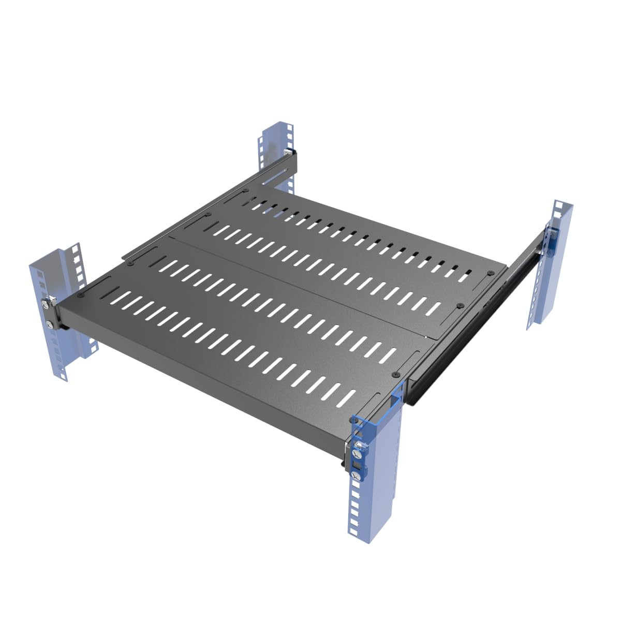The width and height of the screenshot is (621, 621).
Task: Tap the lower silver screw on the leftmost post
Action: click(x=48, y=324)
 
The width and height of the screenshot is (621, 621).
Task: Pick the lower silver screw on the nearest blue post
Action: click(x=356, y=475)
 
